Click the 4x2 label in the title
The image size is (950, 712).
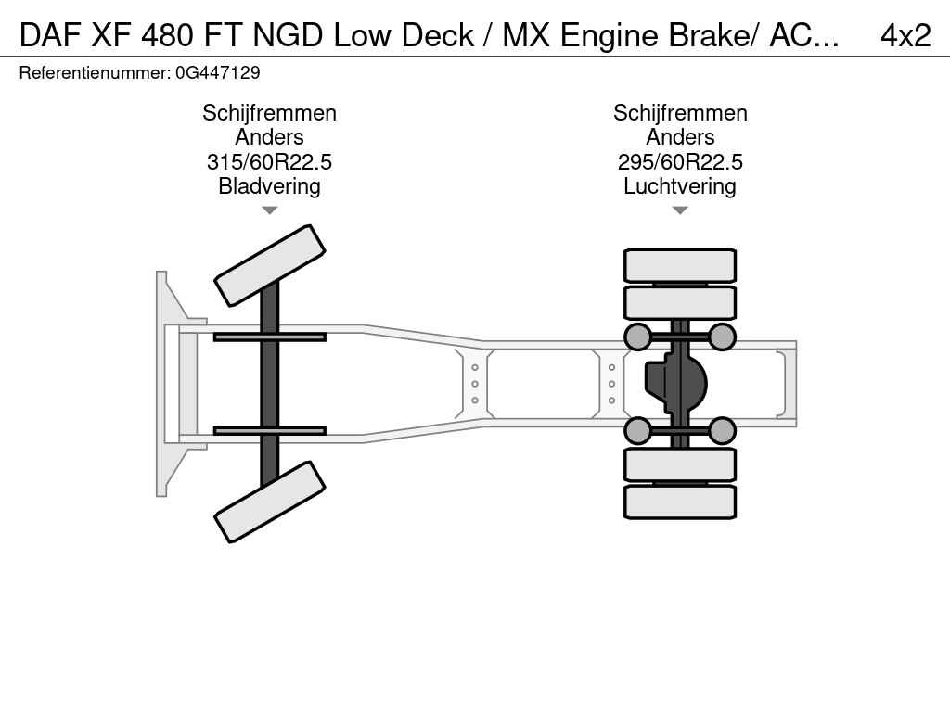(x=905, y=35)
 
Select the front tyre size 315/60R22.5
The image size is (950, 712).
(x=269, y=162)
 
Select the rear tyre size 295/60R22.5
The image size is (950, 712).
(x=680, y=162)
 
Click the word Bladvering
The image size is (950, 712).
(x=269, y=186)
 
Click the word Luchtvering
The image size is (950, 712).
(x=680, y=186)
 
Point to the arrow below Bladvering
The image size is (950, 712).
(x=269, y=210)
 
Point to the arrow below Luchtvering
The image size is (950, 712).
(x=680, y=210)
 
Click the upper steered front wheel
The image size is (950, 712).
(x=270, y=265)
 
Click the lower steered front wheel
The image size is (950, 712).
(x=270, y=502)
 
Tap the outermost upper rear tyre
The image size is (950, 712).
(x=680, y=265)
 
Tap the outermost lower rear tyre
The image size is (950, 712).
(x=680, y=502)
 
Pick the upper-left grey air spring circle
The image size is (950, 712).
(x=637, y=337)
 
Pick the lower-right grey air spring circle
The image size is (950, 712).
(x=722, y=430)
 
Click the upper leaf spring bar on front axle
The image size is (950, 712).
(x=269, y=337)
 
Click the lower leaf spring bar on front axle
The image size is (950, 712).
(x=269, y=430)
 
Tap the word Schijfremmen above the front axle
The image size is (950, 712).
(x=269, y=113)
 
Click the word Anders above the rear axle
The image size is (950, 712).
(x=680, y=137)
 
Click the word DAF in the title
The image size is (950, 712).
(x=49, y=35)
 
